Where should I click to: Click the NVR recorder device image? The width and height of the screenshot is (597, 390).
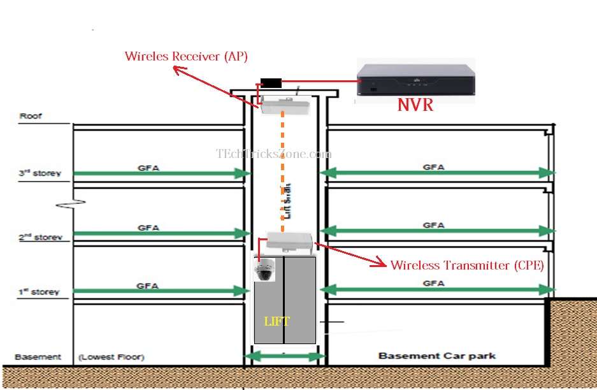[x=416, y=80]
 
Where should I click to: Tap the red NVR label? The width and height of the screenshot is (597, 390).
[x=415, y=105]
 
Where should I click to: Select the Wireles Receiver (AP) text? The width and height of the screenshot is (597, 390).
[x=186, y=56]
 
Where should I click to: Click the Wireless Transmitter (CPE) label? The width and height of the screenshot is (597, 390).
[x=467, y=265]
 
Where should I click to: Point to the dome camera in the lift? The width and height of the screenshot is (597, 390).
[x=264, y=271]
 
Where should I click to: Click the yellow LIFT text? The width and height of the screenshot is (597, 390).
[x=277, y=321]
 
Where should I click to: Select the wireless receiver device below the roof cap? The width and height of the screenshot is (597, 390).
[x=284, y=105]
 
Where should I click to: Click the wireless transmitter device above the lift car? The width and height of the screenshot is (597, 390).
[x=290, y=241]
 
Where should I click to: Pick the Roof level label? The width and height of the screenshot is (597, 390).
[x=30, y=116]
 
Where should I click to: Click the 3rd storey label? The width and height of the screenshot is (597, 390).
[x=40, y=173]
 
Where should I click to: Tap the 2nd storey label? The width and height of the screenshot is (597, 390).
[x=40, y=238]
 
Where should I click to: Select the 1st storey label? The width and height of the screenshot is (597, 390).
[x=39, y=292]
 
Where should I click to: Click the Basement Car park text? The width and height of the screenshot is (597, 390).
[x=436, y=356]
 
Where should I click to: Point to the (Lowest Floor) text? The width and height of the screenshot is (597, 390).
[x=111, y=357]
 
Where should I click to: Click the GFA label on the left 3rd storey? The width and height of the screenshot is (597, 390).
[x=148, y=168]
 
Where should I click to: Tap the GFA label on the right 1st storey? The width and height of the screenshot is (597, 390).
[x=433, y=283]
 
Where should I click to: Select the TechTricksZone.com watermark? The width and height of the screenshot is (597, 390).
[x=274, y=154]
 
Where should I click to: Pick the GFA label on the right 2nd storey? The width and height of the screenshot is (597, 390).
[x=433, y=225]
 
